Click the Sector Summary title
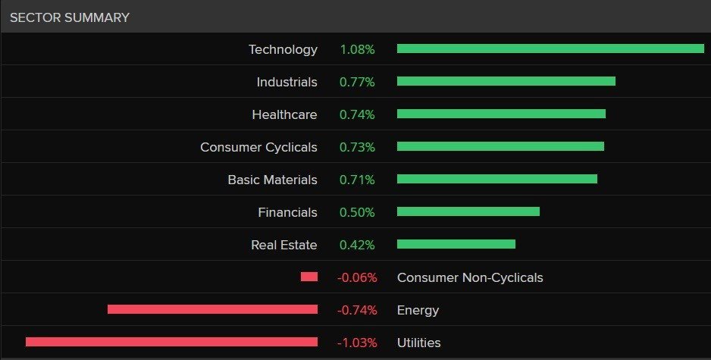point(70,17)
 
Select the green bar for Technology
point(550,49)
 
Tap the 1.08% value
point(357,49)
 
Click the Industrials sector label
point(287,82)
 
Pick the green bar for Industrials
point(506,81)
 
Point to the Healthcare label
point(284,114)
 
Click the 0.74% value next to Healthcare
point(357,114)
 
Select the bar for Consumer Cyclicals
point(500,146)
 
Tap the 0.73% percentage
point(357,147)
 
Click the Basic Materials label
point(273,180)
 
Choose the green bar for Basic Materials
point(497,179)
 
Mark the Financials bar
point(468,211)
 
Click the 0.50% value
point(357,213)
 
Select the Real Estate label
point(284,246)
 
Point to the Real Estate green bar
point(456,244)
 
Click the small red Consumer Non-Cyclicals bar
point(309,277)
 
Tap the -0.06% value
point(357,278)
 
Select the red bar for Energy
point(213,309)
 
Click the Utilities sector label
point(419,343)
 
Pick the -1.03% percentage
point(357,343)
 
